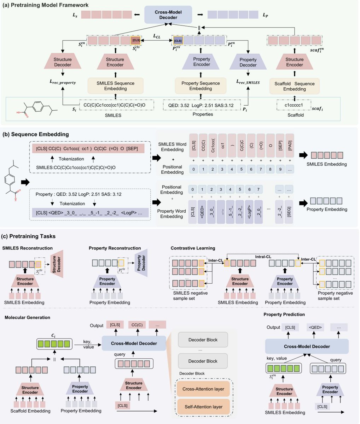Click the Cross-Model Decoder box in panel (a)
click(x=168, y=14)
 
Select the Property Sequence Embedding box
click(x=201, y=86)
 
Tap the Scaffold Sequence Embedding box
click(x=295, y=86)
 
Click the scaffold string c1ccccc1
click(x=294, y=105)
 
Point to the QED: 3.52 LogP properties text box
click(x=202, y=105)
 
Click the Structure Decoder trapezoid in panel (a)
click(x=63, y=61)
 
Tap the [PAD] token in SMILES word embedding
click(x=290, y=146)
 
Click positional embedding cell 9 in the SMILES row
click(x=280, y=169)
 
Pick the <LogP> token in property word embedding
click(x=249, y=212)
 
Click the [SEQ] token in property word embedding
click(x=289, y=212)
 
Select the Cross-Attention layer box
click(x=203, y=389)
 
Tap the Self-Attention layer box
click(x=203, y=407)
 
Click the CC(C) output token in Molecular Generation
click(x=137, y=325)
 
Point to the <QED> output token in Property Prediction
click(x=315, y=328)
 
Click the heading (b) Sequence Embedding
click(x=36, y=134)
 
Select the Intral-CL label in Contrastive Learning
click(x=263, y=257)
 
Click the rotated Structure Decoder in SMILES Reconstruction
click(x=57, y=264)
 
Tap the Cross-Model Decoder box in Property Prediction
click(x=307, y=347)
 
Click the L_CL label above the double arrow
click(x=157, y=36)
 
